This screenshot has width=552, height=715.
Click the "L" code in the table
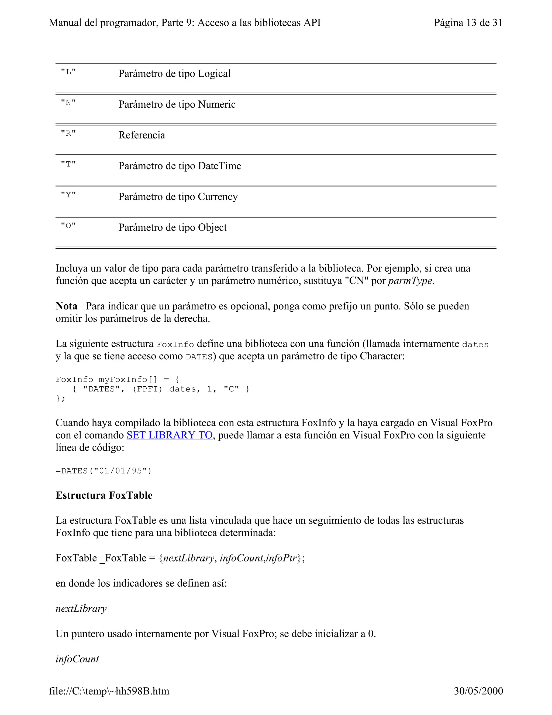[68, 72]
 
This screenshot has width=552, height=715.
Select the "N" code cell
[68, 103]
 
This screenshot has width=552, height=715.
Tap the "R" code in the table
[68, 134]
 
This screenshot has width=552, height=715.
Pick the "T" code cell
[68, 164]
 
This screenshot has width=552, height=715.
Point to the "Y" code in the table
[68, 195]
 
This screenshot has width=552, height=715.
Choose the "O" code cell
[68, 226]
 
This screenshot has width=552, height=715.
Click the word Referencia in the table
[142, 135]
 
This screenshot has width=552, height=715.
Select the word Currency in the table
[218, 197]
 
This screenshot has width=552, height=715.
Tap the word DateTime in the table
[219, 166]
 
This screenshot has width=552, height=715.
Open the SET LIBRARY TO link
[169, 435]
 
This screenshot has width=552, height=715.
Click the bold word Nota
[66, 306]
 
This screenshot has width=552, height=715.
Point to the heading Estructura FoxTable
[104, 495]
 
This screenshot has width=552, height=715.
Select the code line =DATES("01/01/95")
[104, 471]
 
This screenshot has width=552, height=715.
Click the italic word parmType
[410, 281]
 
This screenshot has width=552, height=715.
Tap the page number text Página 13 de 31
[468, 23]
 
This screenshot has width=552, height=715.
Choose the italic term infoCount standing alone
[77, 659]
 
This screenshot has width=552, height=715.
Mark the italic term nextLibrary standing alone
[81, 609]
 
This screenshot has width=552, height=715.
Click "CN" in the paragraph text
[357, 281]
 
